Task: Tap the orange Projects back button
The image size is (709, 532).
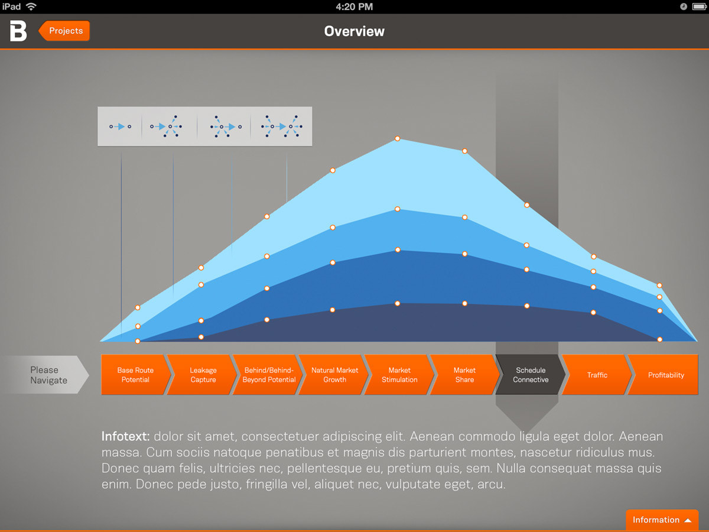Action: coord(64,31)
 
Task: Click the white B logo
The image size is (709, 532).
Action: coord(18,31)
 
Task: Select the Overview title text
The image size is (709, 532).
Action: coord(354,31)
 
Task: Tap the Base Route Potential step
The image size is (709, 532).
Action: coord(136,375)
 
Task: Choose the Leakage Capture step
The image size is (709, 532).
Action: coord(203,375)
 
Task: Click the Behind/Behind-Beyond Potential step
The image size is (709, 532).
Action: coord(269,375)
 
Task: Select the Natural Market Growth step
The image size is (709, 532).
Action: coord(334,375)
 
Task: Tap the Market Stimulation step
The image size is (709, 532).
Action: coord(400,375)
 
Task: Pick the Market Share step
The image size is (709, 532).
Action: coord(465,375)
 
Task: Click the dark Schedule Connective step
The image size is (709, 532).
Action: coord(531,375)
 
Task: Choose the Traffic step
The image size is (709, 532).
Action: coord(597,375)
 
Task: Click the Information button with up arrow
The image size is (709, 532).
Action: coord(662,520)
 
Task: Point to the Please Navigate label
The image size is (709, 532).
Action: coord(49,375)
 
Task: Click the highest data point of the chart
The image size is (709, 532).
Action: coord(398,138)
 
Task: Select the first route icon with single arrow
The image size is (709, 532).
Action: coord(120,126)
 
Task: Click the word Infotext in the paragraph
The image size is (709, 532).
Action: coord(125,436)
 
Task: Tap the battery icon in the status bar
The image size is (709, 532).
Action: coord(699,7)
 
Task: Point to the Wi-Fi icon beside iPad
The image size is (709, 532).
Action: coord(31,7)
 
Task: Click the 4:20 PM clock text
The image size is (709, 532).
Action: coord(354,7)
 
